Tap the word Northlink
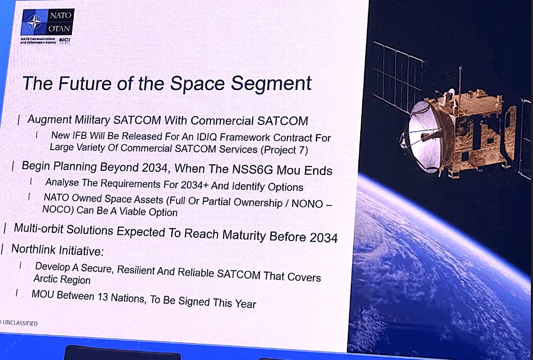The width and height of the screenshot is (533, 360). tap(34, 249)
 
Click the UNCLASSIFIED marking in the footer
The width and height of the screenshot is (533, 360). tap(20, 323)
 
